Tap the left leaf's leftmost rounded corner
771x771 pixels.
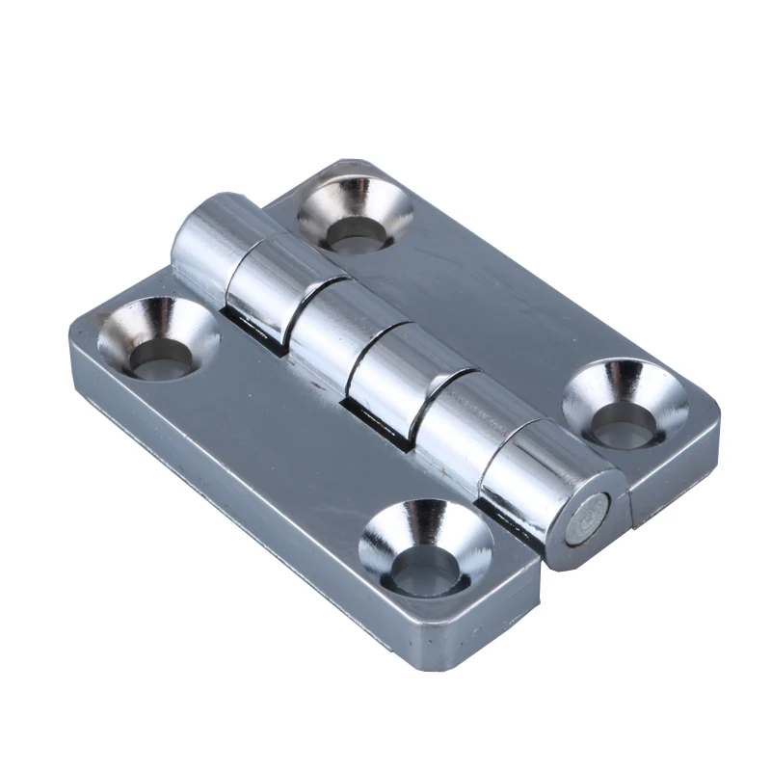[81, 332]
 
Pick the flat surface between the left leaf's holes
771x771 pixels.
[289, 453]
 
